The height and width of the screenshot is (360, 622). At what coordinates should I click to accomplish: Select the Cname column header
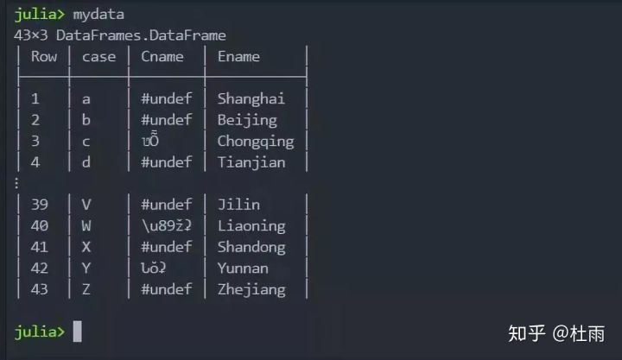tap(162, 56)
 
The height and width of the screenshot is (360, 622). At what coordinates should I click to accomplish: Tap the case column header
tap(98, 56)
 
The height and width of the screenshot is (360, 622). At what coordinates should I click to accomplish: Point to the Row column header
tap(44, 56)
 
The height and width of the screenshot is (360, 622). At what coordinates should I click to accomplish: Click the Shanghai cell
tap(251, 98)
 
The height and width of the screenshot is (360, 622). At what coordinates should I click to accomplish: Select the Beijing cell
tap(247, 120)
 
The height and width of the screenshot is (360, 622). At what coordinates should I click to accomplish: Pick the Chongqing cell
tap(255, 141)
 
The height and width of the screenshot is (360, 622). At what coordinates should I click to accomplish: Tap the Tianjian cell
tap(251, 162)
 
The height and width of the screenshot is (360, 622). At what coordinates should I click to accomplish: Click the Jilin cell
tap(238, 205)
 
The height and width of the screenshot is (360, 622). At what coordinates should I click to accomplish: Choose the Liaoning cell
tap(251, 226)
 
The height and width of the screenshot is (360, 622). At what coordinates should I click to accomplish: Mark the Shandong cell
tap(251, 247)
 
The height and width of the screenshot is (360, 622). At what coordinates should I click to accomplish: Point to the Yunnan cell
tap(243, 268)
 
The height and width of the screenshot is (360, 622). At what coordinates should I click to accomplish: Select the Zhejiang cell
tap(251, 289)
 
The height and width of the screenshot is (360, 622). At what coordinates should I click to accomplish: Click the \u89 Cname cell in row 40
tap(166, 226)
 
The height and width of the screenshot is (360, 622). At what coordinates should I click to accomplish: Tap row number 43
tap(40, 289)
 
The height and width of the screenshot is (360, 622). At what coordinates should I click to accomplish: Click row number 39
tap(40, 205)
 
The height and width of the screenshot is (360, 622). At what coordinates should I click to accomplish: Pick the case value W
tap(86, 226)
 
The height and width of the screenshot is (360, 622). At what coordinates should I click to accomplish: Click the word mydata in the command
tap(98, 14)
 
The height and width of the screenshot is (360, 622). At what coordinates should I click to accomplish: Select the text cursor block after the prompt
tap(77, 332)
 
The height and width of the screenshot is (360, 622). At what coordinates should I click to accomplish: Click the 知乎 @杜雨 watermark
tap(555, 332)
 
